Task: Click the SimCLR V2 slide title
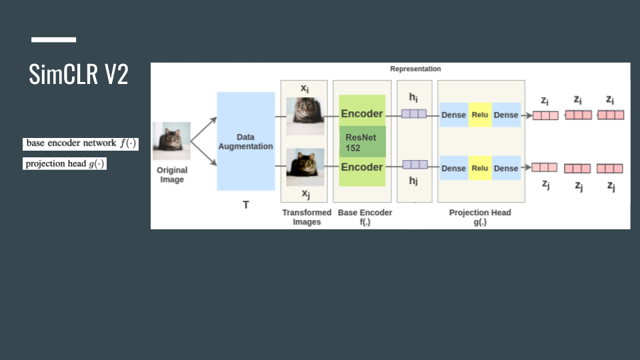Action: (x=79, y=75)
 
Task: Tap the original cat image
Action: (x=171, y=141)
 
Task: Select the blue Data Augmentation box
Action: (x=245, y=141)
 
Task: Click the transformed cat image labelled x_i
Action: (x=305, y=111)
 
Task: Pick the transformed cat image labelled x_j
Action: (x=305, y=167)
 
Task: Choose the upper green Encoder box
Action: (x=362, y=114)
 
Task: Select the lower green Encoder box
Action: (x=362, y=167)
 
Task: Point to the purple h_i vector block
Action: (x=414, y=114)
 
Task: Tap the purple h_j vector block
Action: (x=414, y=165)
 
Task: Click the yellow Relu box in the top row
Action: (x=480, y=115)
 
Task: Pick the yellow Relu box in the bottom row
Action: (x=480, y=168)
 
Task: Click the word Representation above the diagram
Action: (x=415, y=69)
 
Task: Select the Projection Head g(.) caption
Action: (x=480, y=217)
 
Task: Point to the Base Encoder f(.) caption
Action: (x=365, y=217)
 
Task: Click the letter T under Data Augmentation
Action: (x=245, y=205)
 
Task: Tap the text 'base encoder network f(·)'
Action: (x=81, y=143)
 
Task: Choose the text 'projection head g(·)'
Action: (x=65, y=164)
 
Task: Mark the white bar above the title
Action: (x=53, y=40)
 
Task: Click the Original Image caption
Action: (x=172, y=175)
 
